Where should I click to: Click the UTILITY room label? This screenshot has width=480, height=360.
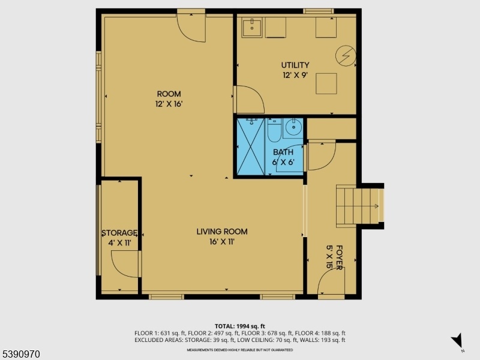[295, 65]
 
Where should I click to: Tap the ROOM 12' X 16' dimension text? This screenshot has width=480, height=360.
[169, 104]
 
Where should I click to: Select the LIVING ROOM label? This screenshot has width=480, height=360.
[222, 232]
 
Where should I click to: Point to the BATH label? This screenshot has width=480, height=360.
[283, 152]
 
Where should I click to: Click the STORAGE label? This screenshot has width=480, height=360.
[119, 233]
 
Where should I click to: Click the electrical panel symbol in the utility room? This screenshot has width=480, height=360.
[346, 56]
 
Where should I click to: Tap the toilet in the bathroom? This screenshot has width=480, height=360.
[274, 130]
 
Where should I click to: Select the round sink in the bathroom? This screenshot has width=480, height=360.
[293, 128]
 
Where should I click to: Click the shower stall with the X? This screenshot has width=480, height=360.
[251, 146]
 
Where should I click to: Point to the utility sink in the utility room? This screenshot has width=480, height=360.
[252, 27]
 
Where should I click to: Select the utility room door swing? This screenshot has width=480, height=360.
[249, 99]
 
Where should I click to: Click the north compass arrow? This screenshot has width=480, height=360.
[457, 340]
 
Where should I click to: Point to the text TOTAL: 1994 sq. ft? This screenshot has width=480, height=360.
[239, 326]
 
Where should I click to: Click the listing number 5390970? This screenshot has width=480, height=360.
[20, 354]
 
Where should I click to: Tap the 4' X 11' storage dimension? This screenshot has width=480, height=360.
[119, 243]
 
